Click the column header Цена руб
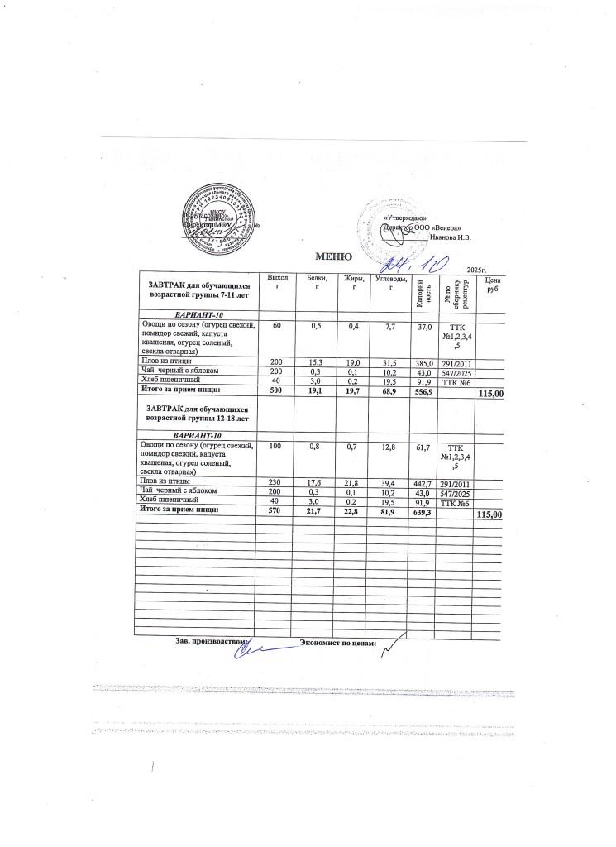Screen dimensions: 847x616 tap(492, 285)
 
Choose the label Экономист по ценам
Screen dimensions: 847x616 tap(338, 643)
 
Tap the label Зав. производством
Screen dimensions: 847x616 tap(212, 642)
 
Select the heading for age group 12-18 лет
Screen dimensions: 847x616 tap(198, 414)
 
